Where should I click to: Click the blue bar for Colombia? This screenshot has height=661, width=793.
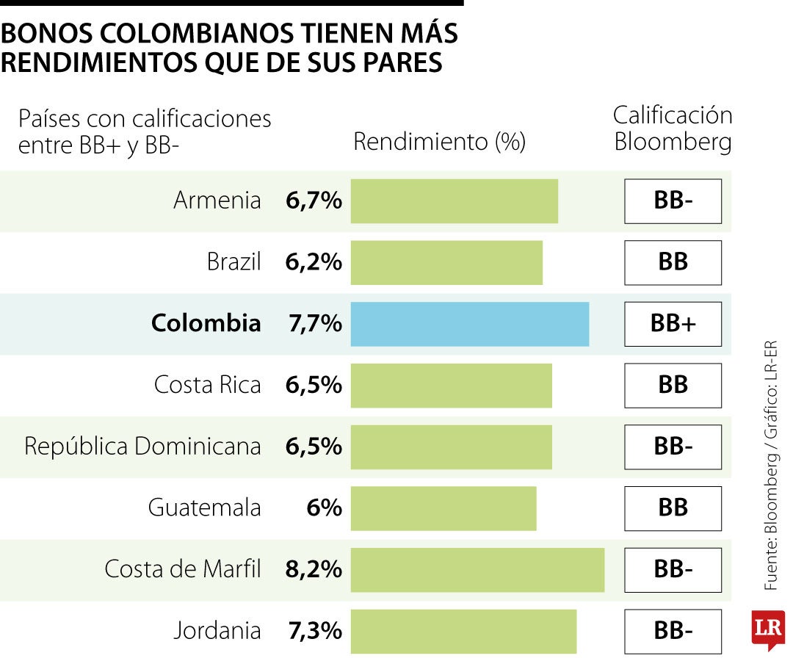click(x=470, y=324)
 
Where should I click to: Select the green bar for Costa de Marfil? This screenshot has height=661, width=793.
click(x=477, y=569)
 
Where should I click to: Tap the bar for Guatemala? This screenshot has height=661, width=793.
click(x=443, y=508)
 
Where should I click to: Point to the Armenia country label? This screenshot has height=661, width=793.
click(x=217, y=201)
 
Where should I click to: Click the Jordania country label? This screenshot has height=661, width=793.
click(x=217, y=630)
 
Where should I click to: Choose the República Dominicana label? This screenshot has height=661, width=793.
click(x=142, y=447)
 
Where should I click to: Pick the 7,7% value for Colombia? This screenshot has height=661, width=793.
click(x=314, y=324)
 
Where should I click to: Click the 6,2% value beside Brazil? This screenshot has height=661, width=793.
click(x=314, y=262)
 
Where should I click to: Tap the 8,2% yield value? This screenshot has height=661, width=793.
click(x=314, y=569)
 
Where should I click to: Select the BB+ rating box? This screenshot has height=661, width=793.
click(x=673, y=324)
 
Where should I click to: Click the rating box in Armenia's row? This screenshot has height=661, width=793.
click(x=673, y=201)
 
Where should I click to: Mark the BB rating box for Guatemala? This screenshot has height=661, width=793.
click(x=673, y=508)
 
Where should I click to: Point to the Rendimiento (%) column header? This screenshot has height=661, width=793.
click(x=439, y=142)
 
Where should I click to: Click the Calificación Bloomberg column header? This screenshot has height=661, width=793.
click(x=673, y=129)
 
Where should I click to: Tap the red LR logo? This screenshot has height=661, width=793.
click(x=768, y=629)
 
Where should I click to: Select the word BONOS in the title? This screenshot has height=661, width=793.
click(x=46, y=35)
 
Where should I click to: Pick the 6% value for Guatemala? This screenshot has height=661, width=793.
click(x=324, y=508)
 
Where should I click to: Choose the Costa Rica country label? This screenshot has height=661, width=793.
click(x=207, y=385)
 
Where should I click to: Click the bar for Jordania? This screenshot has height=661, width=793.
click(x=463, y=631)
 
